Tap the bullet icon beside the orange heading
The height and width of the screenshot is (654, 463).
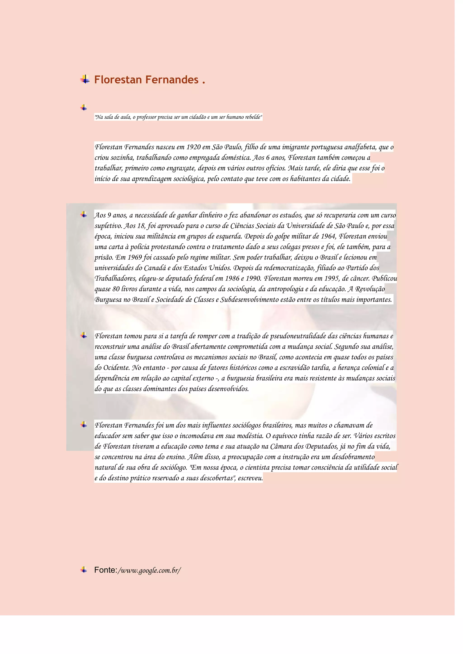(85, 79)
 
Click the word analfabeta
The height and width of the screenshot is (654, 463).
(360, 147)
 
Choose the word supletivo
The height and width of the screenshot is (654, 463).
(108, 226)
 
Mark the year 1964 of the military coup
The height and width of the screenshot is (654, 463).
(328, 236)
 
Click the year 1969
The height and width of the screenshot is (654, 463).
(135, 257)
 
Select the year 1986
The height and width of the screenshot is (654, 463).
(232, 279)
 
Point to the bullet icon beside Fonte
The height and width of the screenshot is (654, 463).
(84, 575)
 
